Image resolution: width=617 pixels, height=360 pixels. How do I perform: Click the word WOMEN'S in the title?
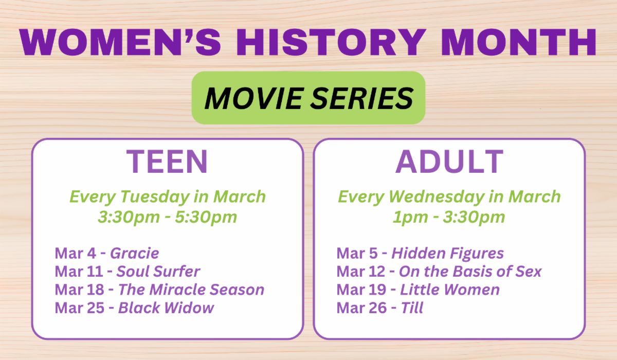[x=120, y=42]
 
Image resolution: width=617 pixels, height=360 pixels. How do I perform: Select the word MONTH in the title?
[x=519, y=42]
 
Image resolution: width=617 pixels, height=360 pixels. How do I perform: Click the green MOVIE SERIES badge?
[x=308, y=98]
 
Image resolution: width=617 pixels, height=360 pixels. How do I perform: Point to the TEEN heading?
[x=167, y=161]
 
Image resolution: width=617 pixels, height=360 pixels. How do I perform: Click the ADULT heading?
[x=449, y=161]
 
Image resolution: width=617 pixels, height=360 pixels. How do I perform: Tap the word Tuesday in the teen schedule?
[x=155, y=197]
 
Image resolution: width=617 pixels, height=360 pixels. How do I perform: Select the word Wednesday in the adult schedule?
[x=437, y=197]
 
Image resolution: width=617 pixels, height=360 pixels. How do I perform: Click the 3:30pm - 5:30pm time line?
[x=168, y=217]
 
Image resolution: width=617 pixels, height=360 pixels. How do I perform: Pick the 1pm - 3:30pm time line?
[x=449, y=217]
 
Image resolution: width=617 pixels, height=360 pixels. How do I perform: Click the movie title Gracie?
[x=135, y=253]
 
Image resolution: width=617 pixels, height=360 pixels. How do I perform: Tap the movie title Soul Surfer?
[x=158, y=272]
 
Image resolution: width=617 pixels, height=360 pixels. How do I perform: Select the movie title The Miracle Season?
[x=191, y=290]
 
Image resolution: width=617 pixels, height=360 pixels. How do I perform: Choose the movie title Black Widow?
[x=166, y=308]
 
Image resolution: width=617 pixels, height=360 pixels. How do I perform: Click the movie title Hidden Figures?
[x=448, y=254]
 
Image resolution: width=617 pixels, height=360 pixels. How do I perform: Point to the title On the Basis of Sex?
[x=470, y=272]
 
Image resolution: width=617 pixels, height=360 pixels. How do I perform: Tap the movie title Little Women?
[x=450, y=290]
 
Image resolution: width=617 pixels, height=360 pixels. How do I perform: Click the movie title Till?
[x=412, y=308]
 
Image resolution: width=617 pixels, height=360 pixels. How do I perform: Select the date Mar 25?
[x=80, y=308]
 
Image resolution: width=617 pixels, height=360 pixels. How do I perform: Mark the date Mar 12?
[x=361, y=272]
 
